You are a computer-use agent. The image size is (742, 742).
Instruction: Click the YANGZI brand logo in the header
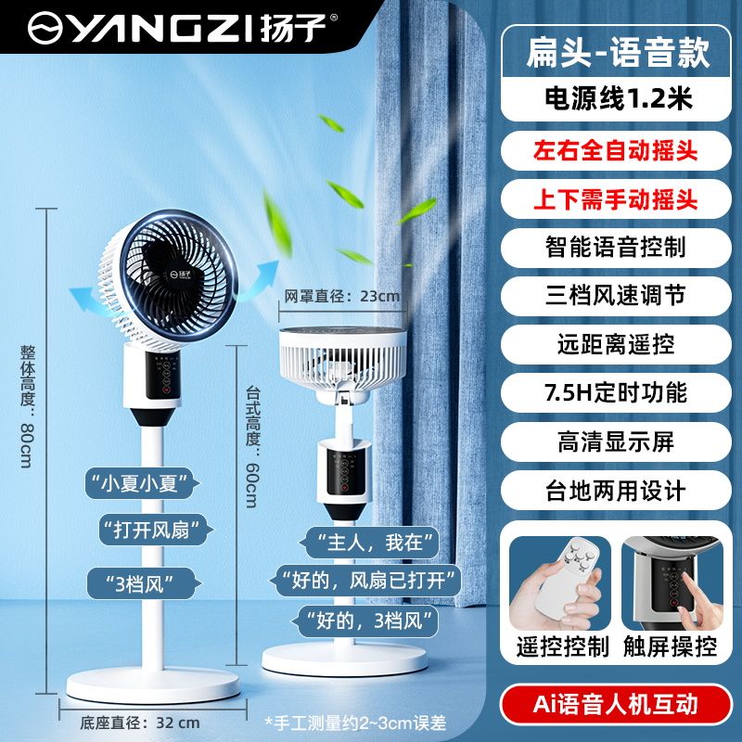point(183,28)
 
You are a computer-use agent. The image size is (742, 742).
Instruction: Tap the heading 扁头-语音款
point(618,52)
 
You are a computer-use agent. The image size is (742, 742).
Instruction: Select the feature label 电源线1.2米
point(619,99)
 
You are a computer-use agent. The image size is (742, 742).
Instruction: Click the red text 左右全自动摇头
point(615,151)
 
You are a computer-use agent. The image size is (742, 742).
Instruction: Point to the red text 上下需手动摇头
point(615,198)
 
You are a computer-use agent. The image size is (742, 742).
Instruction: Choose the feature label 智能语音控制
point(615,247)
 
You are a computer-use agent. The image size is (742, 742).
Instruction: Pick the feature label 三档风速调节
point(615,295)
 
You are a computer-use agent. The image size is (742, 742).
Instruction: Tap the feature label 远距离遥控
point(615,344)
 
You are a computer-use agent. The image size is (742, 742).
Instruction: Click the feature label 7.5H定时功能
point(615,392)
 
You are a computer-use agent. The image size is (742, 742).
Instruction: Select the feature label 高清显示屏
point(615,441)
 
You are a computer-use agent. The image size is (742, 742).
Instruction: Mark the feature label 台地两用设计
point(615,491)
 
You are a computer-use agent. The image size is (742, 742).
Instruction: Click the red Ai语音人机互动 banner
point(616,704)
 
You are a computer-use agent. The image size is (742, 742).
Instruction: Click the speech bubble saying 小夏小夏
point(141,483)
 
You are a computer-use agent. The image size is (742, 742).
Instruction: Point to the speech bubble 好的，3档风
point(366,620)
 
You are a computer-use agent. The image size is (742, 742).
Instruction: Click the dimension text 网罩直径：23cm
point(341,296)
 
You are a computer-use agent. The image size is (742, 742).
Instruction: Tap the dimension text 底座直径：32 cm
point(140,723)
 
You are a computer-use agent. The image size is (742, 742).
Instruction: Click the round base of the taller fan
point(153,684)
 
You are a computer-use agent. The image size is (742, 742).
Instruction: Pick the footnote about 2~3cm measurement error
point(355,723)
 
